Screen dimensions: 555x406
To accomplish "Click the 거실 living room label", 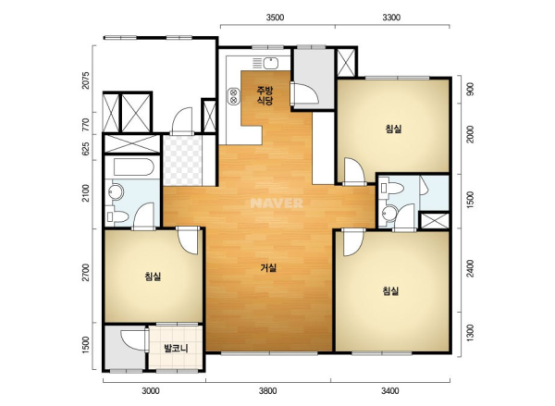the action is coord(268,268).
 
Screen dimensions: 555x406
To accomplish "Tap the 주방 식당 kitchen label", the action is coord(265,95).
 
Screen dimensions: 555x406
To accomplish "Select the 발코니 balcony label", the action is coord(176,349).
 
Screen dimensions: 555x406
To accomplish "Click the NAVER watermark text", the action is coord(277,203).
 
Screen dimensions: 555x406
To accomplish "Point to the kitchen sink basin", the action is coord(271,64).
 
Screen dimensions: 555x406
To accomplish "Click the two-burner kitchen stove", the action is coord(234,96).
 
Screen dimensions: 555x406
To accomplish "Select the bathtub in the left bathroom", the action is coord(134,167).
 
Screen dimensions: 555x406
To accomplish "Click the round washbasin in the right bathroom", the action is coord(390,213).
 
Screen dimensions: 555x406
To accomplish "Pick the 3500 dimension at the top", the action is coord(275,18).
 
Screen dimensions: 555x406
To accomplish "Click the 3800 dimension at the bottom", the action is coord(267,391).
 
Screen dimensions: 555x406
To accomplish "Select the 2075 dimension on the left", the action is coord(85,80).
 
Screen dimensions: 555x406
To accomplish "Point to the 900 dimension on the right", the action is coord(471,90).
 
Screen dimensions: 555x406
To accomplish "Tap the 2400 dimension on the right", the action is coord(471,268).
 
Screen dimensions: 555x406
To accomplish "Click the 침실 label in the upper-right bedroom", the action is coord(394,129).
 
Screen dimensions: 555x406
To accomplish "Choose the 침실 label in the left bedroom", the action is coord(153,277).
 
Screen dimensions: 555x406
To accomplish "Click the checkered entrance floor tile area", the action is coord(182,161).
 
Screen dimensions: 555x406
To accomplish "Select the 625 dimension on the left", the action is coord(85,148).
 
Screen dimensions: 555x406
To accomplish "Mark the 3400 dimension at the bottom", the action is coord(389,391).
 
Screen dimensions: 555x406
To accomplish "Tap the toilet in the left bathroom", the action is coord(117,216).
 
